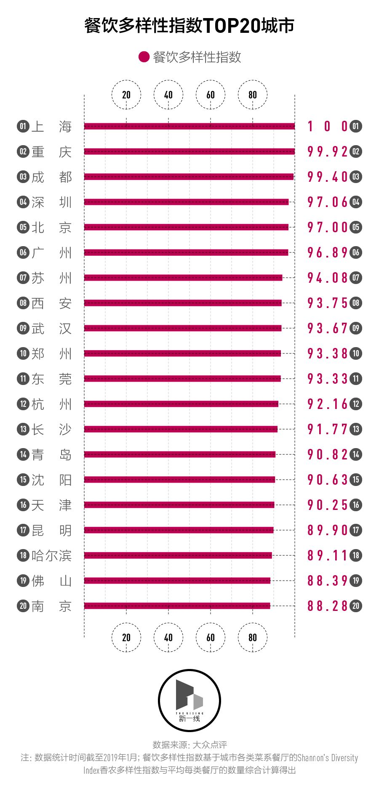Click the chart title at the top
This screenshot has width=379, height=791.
click(189, 26)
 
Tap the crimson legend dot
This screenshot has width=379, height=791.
click(144, 57)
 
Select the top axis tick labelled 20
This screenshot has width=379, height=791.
click(126, 95)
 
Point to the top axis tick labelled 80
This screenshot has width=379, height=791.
click(253, 95)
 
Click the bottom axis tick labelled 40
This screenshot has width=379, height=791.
click(168, 637)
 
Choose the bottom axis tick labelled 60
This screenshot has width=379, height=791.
click(211, 637)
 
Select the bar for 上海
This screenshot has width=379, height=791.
click(189, 126)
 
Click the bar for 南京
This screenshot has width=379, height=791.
click(177, 606)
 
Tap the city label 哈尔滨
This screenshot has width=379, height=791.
click(51, 555)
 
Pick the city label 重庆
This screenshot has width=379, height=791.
click(51, 151)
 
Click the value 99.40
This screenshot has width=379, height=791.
click(328, 177)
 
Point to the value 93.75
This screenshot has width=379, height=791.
click(328, 303)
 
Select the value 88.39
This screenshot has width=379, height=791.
click(328, 581)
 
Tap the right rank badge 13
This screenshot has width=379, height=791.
click(356, 429)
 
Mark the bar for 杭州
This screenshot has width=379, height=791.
click(181, 404)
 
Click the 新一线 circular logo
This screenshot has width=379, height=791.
click(189, 701)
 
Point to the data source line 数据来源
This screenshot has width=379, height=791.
click(189, 745)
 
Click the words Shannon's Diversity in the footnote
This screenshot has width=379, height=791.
click(328, 758)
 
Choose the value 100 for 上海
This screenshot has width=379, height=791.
click(328, 126)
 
